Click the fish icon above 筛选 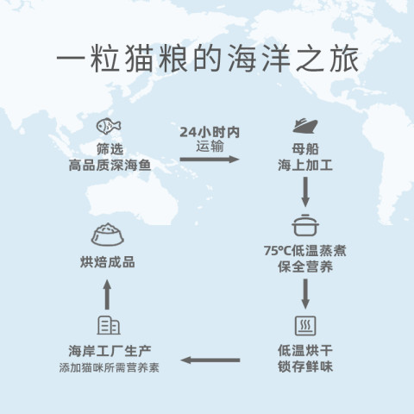coord(109,126)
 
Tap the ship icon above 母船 coord(305,125)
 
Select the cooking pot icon coord(305,225)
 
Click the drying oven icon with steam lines coord(305,326)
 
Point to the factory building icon coord(109,325)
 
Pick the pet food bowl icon coord(108,235)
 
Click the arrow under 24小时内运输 coord(210,159)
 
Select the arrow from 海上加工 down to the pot coord(305,191)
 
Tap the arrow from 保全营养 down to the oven coord(305,294)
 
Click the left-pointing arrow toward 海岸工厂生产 coord(210,360)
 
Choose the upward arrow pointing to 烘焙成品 coord(107,294)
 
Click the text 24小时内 coord(210,132)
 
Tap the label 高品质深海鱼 coord(110,166)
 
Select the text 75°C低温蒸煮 coord(305,251)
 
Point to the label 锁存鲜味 coord(305,367)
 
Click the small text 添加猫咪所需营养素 coord(109,367)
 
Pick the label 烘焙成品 coord(108,262)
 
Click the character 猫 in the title coord(139,59)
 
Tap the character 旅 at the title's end coord(344,59)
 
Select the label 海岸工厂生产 coord(110,351)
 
